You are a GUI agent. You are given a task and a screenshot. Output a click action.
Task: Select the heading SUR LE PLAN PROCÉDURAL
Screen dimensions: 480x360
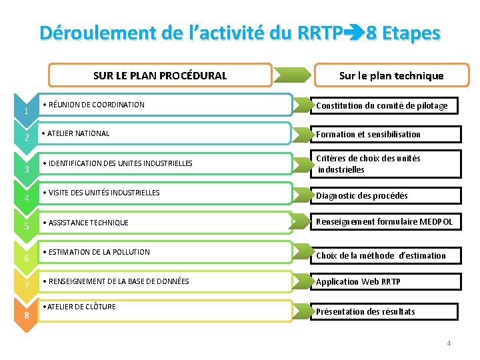click(160, 75)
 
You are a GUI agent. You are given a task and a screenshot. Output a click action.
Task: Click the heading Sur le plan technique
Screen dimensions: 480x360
click(391, 75)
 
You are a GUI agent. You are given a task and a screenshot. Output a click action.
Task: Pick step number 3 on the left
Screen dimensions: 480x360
click(26, 169)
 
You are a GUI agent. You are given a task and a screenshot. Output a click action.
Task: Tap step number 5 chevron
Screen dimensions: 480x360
click(26, 227)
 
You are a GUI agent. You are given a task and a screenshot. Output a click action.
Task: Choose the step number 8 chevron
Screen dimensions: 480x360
click(26, 314)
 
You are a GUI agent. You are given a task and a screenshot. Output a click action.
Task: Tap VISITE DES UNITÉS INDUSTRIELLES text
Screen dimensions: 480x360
click(104, 193)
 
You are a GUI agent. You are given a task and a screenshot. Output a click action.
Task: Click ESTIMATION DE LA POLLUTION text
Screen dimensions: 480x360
click(99, 252)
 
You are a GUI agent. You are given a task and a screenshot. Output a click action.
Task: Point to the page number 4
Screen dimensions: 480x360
click(449, 343)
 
